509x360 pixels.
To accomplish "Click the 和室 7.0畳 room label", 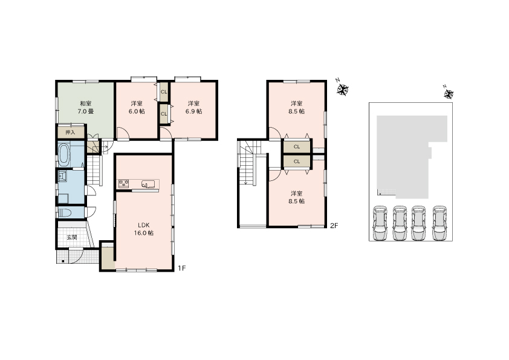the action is point(86,108).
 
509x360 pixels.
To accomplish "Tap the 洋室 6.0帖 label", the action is point(137,108).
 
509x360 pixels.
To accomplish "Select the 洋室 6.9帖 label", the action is point(194,108).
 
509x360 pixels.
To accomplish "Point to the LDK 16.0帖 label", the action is point(144,229).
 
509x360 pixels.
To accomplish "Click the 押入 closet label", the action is point(71,133).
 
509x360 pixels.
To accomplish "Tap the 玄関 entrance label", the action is point(72,238).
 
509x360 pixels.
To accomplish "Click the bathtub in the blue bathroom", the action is point(63,154).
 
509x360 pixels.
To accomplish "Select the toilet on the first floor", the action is point(65,213).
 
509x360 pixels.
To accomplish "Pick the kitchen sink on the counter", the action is point(148,185).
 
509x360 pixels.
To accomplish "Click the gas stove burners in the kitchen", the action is point(124,184).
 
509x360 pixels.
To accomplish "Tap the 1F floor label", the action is point(182,268).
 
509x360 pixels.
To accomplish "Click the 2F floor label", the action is point(334,226).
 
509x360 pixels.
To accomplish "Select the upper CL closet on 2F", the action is point(297,146).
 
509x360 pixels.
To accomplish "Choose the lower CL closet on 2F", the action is point(297,162).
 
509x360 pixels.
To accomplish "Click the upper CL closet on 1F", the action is point(164,92).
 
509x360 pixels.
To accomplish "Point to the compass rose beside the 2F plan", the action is point(342,90).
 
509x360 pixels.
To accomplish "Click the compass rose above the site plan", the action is point(449,94).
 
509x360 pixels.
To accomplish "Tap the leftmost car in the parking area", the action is point(380,223).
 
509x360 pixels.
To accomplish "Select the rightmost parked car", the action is point(439,223).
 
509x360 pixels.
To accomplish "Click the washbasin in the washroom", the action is point(62,177).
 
